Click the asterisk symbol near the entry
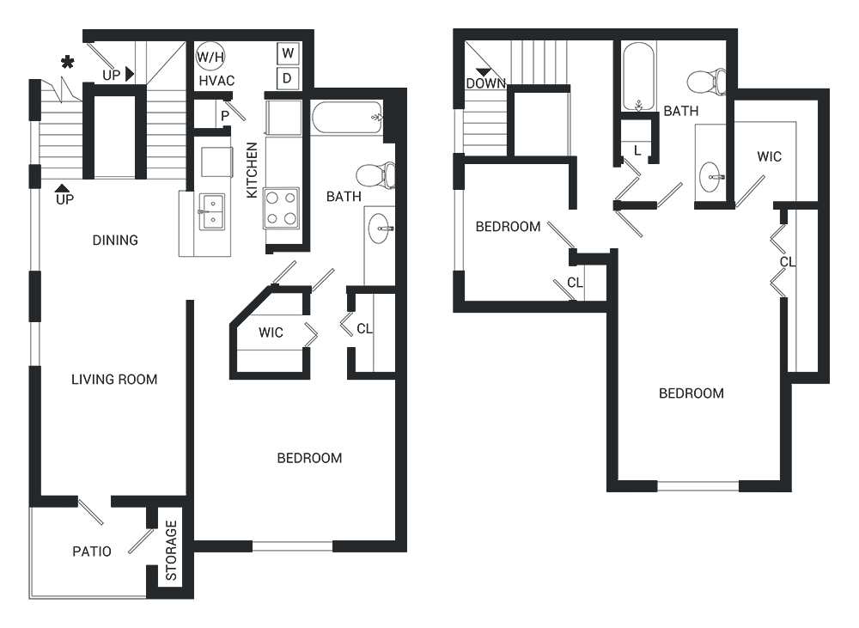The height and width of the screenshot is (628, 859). coord(67,63)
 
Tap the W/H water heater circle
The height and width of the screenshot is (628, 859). coord(210,56)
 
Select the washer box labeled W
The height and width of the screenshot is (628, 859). coord(288,54)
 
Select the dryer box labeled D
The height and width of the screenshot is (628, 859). coord(288,79)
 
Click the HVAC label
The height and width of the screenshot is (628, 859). coord(217,81)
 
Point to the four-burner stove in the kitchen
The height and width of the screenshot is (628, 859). coord(282,208)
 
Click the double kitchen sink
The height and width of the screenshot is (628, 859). coord(211,211)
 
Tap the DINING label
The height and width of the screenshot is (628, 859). coord(115,240)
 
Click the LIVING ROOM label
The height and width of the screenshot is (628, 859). coord(114,379)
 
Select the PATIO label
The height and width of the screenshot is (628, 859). coord(92,552)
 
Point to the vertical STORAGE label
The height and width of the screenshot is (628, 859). coord(172,550)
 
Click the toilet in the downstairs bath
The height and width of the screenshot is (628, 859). coord(376,175)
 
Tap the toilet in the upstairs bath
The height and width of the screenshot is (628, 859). coord(707,82)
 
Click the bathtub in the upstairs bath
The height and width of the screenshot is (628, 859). coord(638,76)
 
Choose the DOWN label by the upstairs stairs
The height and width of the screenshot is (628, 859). coord(486,83)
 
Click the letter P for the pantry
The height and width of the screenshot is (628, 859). coord(225,117)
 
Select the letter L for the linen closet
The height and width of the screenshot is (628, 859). coord(637,150)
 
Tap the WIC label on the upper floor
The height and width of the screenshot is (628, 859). coord(769,156)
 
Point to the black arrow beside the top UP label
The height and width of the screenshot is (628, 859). coord(130,74)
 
